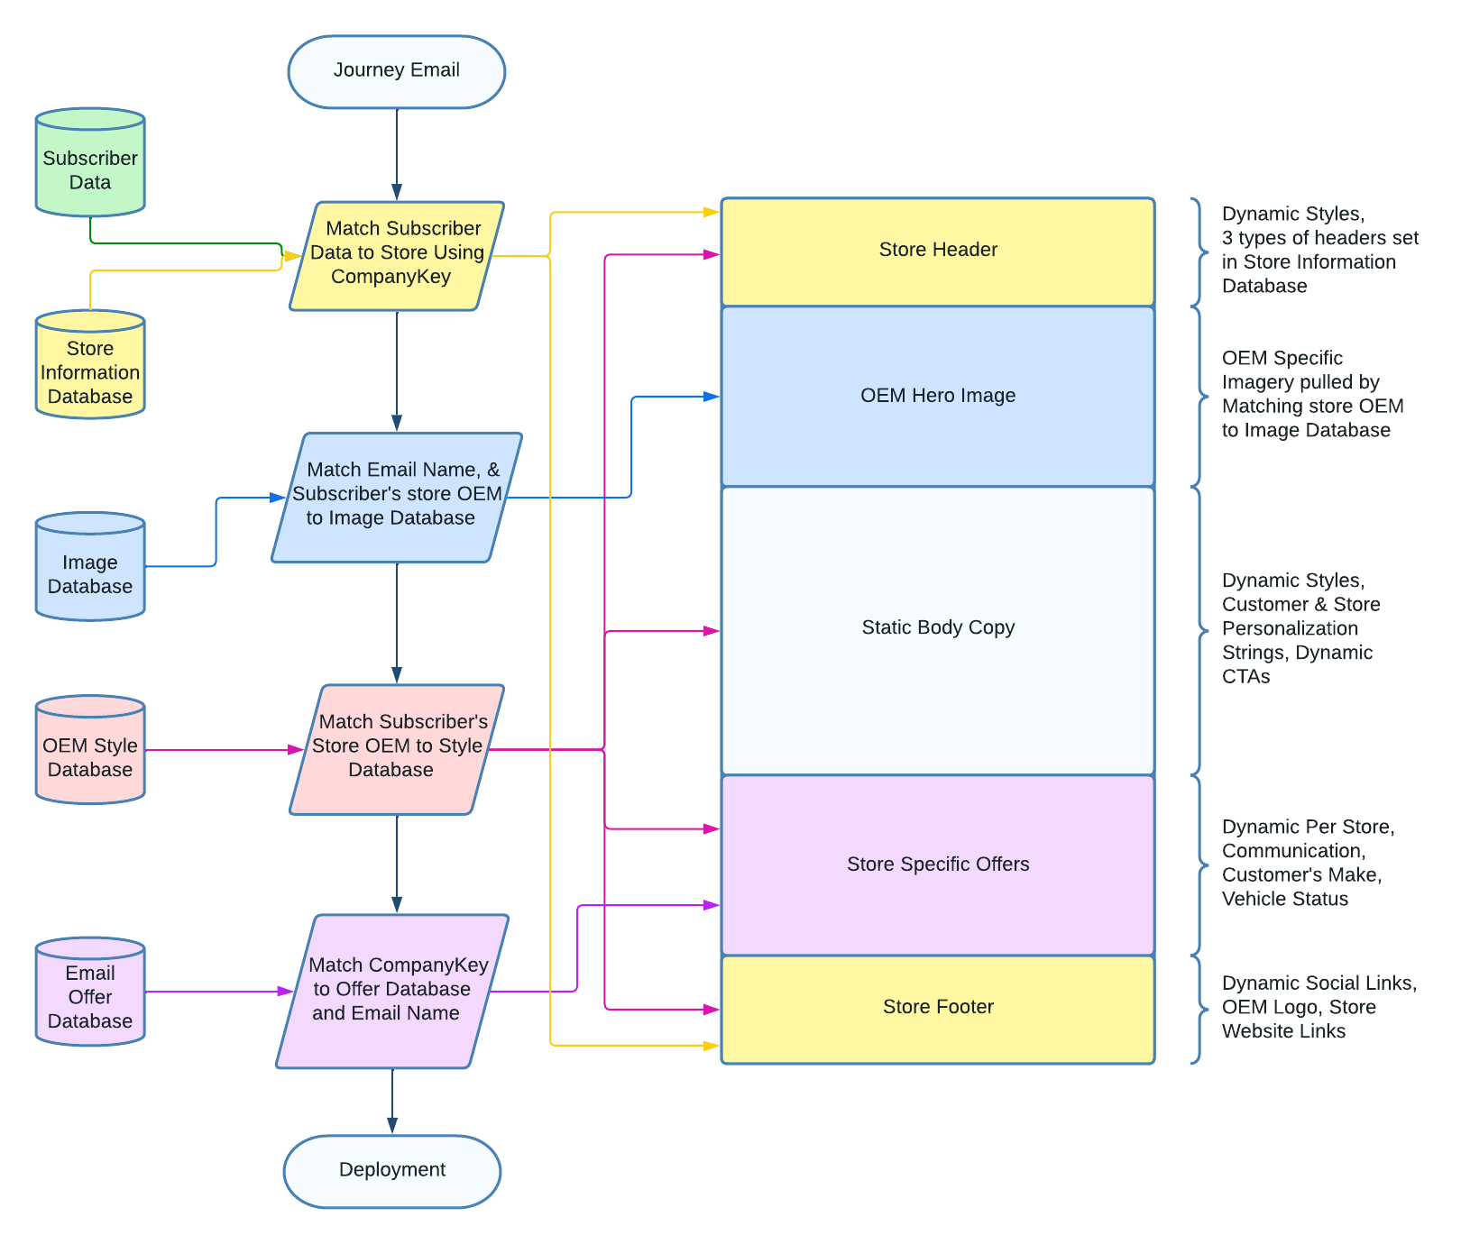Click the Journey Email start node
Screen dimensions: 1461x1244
click(x=396, y=72)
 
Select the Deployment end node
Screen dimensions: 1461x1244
click(x=392, y=1171)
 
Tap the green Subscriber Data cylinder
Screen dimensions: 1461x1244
click(x=90, y=162)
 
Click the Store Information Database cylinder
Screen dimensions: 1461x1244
click(x=90, y=364)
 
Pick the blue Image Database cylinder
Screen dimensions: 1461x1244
click(x=90, y=566)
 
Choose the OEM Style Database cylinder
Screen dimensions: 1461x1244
click(x=90, y=749)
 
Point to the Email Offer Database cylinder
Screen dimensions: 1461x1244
click(x=90, y=991)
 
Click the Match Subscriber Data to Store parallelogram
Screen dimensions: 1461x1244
click(x=397, y=256)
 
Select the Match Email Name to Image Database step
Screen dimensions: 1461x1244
click(x=397, y=498)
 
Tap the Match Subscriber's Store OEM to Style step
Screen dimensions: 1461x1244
click(x=397, y=749)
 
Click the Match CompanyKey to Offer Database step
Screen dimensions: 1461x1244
click(x=392, y=992)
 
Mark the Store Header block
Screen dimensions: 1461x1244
click(x=938, y=252)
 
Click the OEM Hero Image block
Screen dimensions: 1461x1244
click(x=938, y=397)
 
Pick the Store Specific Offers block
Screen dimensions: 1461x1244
click(x=938, y=865)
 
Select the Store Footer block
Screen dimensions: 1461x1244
click(x=938, y=1010)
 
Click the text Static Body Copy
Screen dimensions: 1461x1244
click(x=938, y=627)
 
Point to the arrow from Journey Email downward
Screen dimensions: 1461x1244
click(x=397, y=154)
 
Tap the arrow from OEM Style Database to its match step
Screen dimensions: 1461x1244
click(x=224, y=749)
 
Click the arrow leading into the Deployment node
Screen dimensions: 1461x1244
click(x=392, y=1101)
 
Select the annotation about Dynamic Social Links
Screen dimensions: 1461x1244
click(x=1319, y=1007)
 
